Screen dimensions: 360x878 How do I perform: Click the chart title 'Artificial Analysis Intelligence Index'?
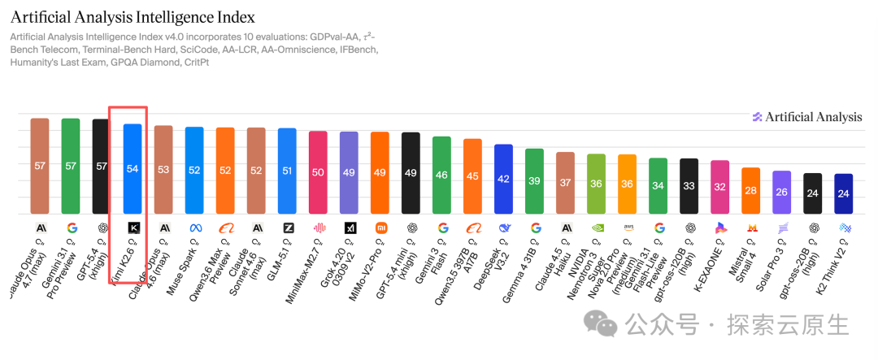click(x=133, y=16)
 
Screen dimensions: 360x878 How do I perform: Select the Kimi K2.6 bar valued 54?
click(x=133, y=168)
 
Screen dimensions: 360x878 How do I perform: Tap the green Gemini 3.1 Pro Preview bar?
click(x=71, y=166)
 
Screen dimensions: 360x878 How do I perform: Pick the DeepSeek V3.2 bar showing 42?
click(x=503, y=179)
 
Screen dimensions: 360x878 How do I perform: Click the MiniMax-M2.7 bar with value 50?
click(x=318, y=172)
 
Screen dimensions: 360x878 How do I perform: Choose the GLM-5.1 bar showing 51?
click(x=287, y=171)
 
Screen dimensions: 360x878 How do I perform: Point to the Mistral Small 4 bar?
click(x=750, y=190)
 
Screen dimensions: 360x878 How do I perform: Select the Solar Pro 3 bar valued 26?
click(x=781, y=192)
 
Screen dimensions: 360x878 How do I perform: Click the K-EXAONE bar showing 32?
click(x=719, y=187)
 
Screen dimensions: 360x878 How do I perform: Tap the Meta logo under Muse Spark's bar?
click(x=194, y=228)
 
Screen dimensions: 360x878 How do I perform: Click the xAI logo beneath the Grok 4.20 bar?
click(x=350, y=228)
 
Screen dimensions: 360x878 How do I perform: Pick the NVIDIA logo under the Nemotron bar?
click(x=596, y=228)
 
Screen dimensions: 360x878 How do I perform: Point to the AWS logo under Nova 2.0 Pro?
click(x=627, y=228)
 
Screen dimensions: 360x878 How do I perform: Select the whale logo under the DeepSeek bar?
click(x=504, y=228)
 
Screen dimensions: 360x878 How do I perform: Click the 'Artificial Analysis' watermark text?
click(x=813, y=117)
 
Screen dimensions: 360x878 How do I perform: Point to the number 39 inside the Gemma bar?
click(x=534, y=181)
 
